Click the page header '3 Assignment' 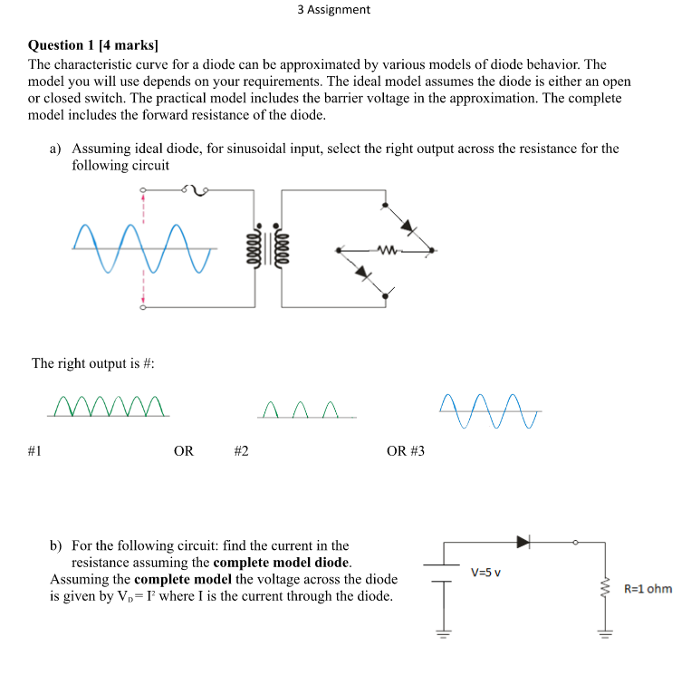tap(333, 10)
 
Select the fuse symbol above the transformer tap(196, 189)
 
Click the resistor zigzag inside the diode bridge tap(387, 250)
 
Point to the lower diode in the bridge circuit tap(365, 272)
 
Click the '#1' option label tap(35, 450)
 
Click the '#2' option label tap(241, 450)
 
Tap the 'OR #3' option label tap(405, 450)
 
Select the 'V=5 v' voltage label tap(486, 572)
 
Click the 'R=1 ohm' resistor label tap(648, 589)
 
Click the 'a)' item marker tap(56, 148)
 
